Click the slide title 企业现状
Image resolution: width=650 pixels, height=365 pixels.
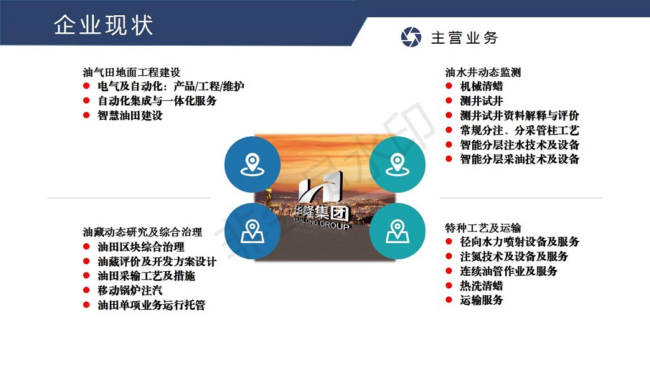coord(103,25)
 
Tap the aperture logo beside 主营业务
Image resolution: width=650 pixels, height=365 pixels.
coord(411,37)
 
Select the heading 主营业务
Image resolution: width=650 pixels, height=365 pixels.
coord(464,38)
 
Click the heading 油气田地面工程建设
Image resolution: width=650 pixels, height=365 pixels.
coord(131,72)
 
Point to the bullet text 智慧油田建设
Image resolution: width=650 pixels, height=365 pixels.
coord(129,115)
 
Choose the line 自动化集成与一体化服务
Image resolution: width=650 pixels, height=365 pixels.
coord(157,101)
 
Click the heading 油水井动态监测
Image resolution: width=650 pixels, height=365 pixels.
coord(483,72)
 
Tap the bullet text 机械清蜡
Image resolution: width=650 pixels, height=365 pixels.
coord(481,86)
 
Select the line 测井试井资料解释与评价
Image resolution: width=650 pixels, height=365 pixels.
coord(519,115)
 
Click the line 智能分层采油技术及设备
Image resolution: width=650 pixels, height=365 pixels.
coord(519,159)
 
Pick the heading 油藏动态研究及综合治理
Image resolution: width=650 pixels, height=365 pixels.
coord(142,232)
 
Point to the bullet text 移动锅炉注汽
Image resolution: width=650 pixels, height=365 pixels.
coord(129,290)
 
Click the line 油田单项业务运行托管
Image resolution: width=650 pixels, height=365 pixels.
coord(151,305)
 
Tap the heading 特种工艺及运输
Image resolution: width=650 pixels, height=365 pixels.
coord(483,227)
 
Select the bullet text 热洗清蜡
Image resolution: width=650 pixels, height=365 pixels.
coord(481,286)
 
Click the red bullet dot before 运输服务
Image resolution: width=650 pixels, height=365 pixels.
coord(449,300)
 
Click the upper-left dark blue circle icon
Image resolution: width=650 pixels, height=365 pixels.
coord(253,164)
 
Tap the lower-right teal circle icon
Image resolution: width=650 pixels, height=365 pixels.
coord(397,231)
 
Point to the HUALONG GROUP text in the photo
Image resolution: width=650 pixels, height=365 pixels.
coord(321,223)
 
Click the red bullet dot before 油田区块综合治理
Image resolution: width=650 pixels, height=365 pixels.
coord(86,247)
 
